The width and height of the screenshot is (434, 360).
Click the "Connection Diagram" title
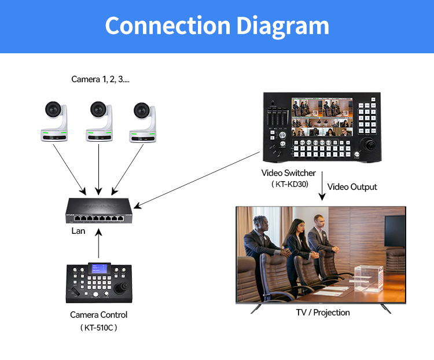(x=217, y=26)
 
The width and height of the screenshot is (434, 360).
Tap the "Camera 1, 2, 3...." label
(x=100, y=79)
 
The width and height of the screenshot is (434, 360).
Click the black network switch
(x=98, y=211)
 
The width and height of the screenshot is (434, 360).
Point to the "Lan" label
(x=78, y=231)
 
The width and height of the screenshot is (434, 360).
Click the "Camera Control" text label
(x=98, y=315)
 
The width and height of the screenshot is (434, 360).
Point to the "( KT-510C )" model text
(x=98, y=328)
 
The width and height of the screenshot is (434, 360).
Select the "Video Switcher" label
(x=289, y=173)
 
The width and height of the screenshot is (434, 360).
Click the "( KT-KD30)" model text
(x=289, y=185)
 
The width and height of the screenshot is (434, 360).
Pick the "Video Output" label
(x=352, y=187)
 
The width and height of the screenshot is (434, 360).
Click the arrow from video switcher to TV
(x=321, y=186)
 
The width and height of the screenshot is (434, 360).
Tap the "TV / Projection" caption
(x=323, y=313)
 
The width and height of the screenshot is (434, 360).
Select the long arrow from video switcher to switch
(x=197, y=179)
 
